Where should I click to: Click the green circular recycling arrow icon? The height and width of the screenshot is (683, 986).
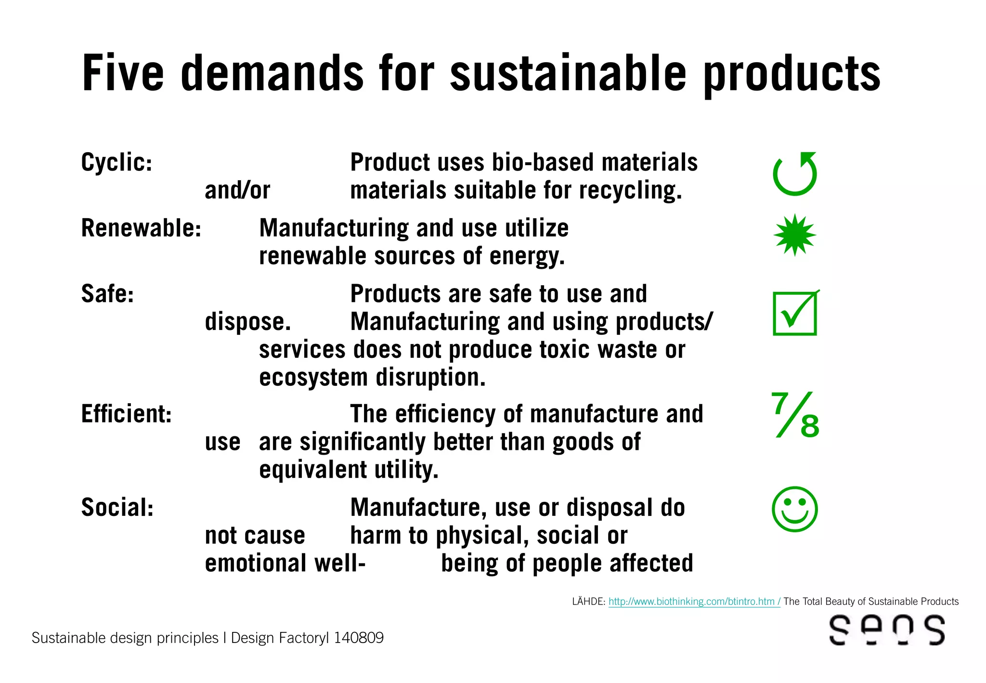pos(795,174)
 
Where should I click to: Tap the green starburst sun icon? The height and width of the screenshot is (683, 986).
pos(795,235)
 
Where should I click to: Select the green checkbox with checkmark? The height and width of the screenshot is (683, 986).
pos(795,313)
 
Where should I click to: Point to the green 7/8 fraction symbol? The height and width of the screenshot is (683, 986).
pos(795,415)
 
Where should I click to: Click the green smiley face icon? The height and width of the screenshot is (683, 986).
pos(795,509)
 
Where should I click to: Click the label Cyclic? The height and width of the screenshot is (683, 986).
pos(117,162)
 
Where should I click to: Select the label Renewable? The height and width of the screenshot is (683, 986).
pos(141,228)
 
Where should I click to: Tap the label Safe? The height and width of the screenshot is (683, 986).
pos(107,294)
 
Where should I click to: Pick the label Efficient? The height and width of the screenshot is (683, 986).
pos(126,414)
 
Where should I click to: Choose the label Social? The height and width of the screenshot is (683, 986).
pos(117,508)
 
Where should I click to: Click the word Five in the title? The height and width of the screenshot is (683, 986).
pos(123,73)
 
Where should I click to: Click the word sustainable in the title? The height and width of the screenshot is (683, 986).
pos(568,73)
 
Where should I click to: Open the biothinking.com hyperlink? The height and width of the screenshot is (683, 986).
pos(694,602)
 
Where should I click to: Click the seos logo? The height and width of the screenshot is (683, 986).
pos(887,630)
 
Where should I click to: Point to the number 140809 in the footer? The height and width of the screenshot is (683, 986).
pos(359,638)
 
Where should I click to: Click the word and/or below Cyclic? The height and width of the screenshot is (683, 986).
pos(237,190)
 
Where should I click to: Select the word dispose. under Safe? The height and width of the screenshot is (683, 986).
pos(248,322)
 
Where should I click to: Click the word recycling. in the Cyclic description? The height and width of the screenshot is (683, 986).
pos(630,190)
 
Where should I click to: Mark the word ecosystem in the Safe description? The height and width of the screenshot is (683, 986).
pos(313,377)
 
